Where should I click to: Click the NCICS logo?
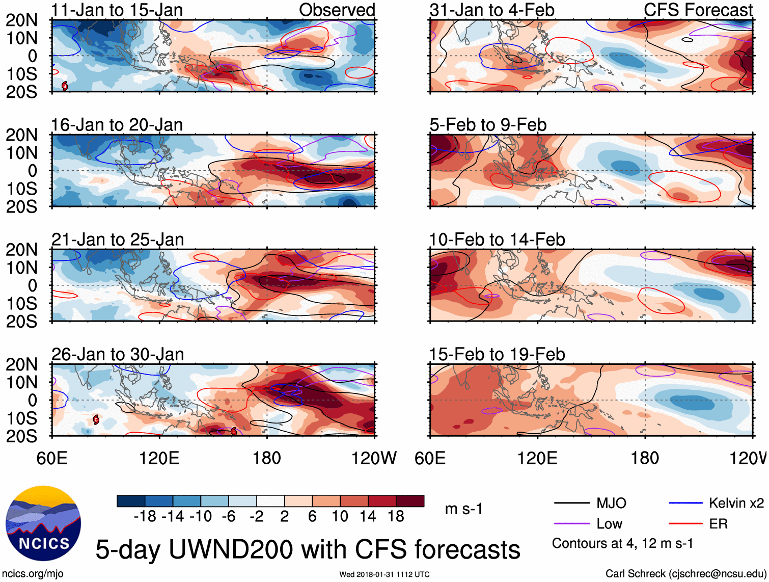coord(43,524)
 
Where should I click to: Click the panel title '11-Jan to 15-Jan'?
coord(117,10)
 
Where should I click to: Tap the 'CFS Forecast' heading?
coord(698,10)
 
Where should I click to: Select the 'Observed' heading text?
coord(337,10)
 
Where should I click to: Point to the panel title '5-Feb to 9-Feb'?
coord(488,125)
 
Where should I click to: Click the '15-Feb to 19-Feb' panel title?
coord(497,354)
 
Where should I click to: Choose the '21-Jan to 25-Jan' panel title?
coord(118,240)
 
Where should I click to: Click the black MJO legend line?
coord(571,504)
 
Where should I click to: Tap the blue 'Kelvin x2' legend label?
coord(736,504)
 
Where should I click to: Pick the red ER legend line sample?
coord(685,524)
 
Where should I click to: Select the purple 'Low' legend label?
coord(609,524)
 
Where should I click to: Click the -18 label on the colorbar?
coord(145,517)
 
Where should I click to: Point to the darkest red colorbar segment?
coord(410,501)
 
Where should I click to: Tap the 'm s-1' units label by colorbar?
coord(463,509)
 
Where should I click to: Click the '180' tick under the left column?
coord(267,458)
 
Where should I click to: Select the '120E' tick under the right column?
coord(537,458)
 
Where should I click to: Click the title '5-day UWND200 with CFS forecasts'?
coord(308,549)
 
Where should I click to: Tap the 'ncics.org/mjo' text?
coord(33,574)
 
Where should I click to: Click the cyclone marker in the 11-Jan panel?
coord(65,86)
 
